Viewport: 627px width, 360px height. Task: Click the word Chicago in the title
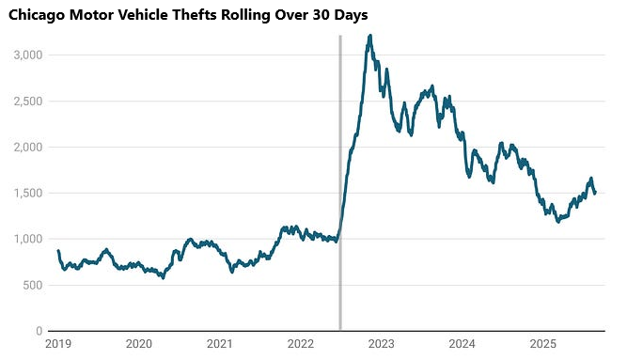pyautogui.click(x=38, y=15)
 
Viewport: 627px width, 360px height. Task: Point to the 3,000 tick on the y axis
pyautogui.click(x=27, y=55)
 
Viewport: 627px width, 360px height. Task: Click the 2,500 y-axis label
pyautogui.click(x=27, y=102)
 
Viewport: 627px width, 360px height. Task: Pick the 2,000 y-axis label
pyautogui.click(x=27, y=148)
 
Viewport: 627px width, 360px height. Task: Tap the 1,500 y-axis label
pyautogui.click(x=27, y=194)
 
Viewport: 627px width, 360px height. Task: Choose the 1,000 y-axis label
pyautogui.click(x=27, y=240)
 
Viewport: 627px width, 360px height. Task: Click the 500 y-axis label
pyautogui.click(x=33, y=286)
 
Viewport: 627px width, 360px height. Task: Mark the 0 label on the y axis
pyautogui.click(x=39, y=332)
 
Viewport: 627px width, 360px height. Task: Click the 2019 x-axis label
pyautogui.click(x=57, y=345)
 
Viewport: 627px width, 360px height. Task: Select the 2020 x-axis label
pyautogui.click(x=138, y=345)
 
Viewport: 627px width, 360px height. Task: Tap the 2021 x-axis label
pyautogui.click(x=219, y=345)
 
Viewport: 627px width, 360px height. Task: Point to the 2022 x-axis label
pyautogui.click(x=300, y=345)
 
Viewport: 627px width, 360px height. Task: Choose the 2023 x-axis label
pyautogui.click(x=381, y=345)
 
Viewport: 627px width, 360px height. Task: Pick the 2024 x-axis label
pyautogui.click(x=462, y=345)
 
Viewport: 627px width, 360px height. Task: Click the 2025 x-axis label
pyautogui.click(x=542, y=345)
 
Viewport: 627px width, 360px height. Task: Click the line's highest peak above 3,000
pyautogui.click(x=370, y=37)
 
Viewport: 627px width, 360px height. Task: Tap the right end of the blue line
pyautogui.click(x=595, y=193)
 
